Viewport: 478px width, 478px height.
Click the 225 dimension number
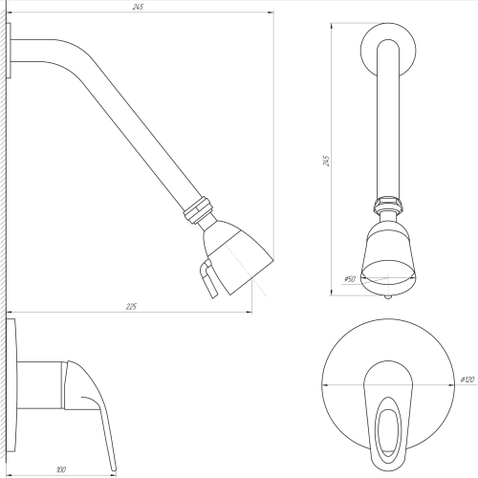(x=131, y=307)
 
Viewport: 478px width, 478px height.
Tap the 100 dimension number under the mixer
(x=61, y=469)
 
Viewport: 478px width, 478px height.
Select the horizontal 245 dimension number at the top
(x=138, y=7)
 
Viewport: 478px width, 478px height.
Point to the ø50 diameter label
(x=350, y=279)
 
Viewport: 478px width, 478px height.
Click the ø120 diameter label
(x=467, y=380)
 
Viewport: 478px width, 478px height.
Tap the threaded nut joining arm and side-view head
(x=197, y=209)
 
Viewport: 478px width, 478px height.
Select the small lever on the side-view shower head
(x=208, y=278)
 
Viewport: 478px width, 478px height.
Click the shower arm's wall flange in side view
(x=9, y=51)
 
